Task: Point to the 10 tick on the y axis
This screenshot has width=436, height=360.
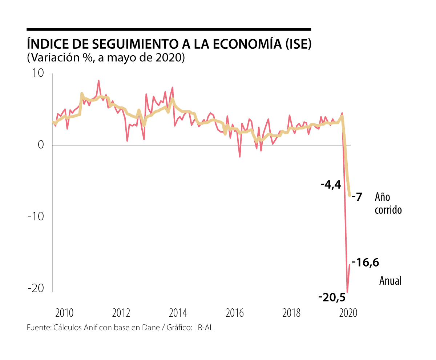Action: (x=37, y=73)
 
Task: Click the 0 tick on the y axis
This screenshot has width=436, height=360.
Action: (x=40, y=145)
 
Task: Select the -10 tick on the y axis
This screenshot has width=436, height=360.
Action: (x=36, y=217)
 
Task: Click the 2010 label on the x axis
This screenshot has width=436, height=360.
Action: (x=64, y=313)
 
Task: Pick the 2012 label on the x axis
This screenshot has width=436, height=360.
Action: (x=121, y=313)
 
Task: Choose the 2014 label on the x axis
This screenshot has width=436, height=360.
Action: (x=178, y=313)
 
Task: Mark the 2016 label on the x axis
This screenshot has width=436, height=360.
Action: (x=234, y=313)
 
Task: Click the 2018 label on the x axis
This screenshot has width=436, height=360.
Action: (x=291, y=313)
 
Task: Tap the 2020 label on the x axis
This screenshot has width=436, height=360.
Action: (x=348, y=313)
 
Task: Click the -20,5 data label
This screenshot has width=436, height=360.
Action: (x=331, y=297)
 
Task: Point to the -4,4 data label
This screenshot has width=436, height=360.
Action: (x=331, y=185)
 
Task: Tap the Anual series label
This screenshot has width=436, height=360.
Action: (x=390, y=281)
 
